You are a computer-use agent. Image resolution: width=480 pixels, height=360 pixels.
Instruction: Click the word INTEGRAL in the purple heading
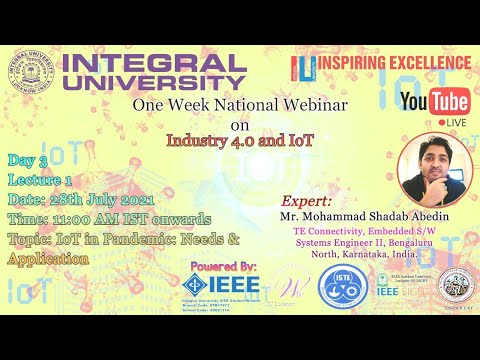tap(154, 63)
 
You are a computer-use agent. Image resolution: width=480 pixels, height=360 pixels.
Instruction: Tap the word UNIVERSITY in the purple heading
tap(154, 84)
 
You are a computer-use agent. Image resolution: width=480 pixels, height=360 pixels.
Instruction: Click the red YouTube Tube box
tap(449, 101)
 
